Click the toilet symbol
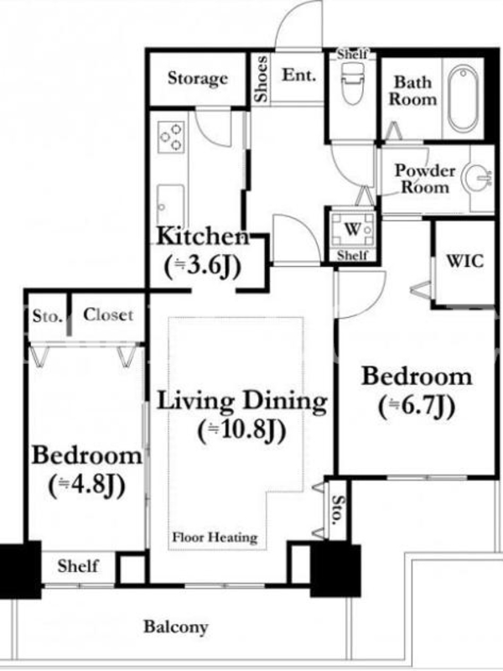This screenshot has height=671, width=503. click(353, 84)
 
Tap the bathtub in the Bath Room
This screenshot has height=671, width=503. click(464, 99)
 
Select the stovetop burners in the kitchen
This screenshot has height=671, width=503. click(171, 137)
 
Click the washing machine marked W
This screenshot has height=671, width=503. click(353, 230)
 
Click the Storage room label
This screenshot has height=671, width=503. click(198, 78)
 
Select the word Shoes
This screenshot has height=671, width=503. click(261, 79)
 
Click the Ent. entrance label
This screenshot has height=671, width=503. click(299, 75)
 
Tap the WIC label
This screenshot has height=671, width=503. click(465, 261)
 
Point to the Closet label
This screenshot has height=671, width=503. click(108, 315)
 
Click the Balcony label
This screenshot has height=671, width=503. click(176, 627)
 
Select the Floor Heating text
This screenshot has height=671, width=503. click(215, 537)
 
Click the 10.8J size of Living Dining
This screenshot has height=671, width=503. click(242, 430)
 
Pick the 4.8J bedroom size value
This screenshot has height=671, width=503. click(87, 486)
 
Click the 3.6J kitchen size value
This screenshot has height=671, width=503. click(203, 266)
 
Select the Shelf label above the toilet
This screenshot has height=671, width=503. click(352, 55)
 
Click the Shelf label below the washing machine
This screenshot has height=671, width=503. click(352, 256)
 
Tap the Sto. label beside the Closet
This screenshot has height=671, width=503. click(48, 317)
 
